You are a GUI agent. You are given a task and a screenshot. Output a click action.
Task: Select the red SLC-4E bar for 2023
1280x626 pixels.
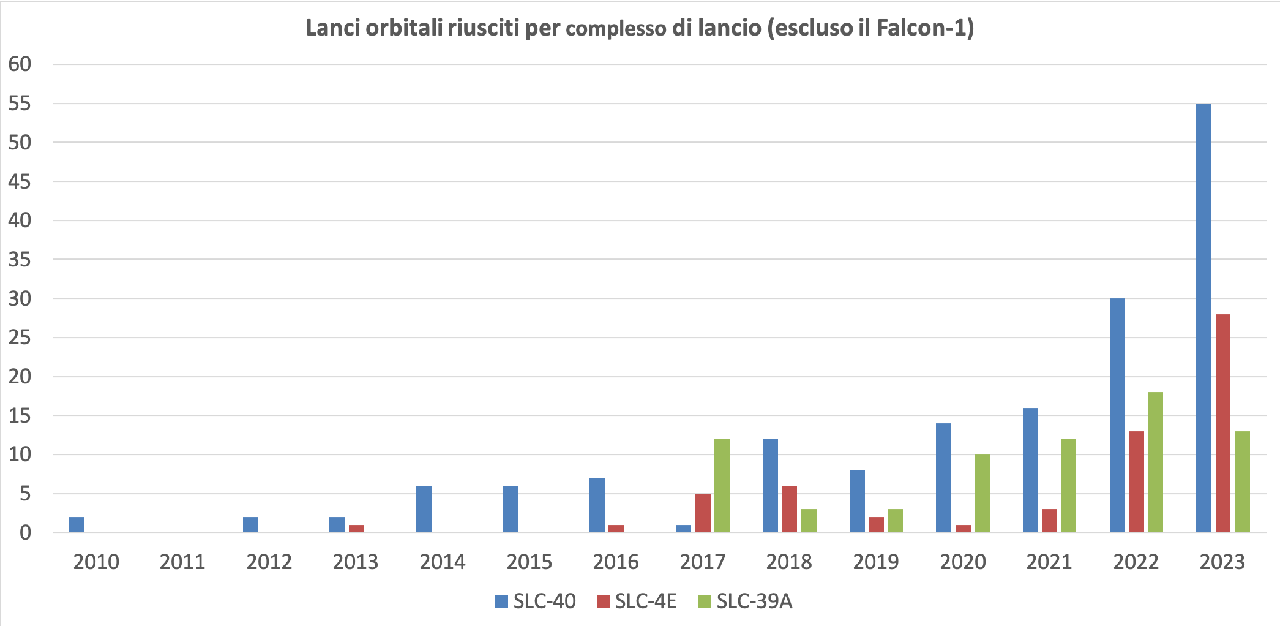pyautogui.click(x=1223, y=423)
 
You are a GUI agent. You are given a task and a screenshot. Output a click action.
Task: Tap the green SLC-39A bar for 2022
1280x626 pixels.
pyautogui.click(x=1155, y=462)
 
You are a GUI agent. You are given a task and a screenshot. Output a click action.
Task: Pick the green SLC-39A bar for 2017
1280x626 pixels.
pyautogui.click(x=722, y=485)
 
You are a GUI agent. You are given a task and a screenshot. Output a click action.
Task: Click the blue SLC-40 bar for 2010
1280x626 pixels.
pyautogui.click(x=77, y=524)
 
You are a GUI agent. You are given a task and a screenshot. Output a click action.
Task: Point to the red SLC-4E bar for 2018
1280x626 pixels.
pyautogui.click(x=789, y=508)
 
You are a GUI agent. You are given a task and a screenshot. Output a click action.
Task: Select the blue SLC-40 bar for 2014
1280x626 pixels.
pyautogui.click(x=424, y=508)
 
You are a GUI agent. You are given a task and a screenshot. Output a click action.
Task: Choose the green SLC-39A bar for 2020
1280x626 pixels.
pyautogui.click(x=982, y=493)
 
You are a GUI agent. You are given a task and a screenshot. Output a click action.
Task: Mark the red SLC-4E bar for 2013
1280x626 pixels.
pyautogui.click(x=356, y=528)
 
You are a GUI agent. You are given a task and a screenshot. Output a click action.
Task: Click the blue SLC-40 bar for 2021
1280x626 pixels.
pyautogui.click(x=1030, y=470)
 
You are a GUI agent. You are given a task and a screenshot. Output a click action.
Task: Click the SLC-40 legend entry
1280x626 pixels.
pyautogui.click(x=536, y=601)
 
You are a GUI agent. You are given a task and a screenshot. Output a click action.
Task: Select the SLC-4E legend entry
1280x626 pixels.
pyautogui.click(x=637, y=601)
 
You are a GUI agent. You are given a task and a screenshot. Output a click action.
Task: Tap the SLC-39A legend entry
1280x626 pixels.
pyautogui.click(x=745, y=601)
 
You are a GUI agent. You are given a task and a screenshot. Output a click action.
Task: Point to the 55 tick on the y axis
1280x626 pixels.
pyautogui.click(x=20, y=104)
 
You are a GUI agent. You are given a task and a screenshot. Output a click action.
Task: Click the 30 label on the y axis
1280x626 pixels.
pyautogui.click(x=20, y=299)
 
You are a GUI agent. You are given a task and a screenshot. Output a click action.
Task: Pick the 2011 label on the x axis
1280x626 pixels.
pyautogui.click(x=182, y=562)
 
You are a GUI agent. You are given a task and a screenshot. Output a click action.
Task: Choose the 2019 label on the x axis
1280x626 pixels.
pyautogui.click(x=876, y=562)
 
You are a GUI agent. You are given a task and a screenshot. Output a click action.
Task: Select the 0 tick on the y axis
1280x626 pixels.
pyautogui.click(x=25, y=533)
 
